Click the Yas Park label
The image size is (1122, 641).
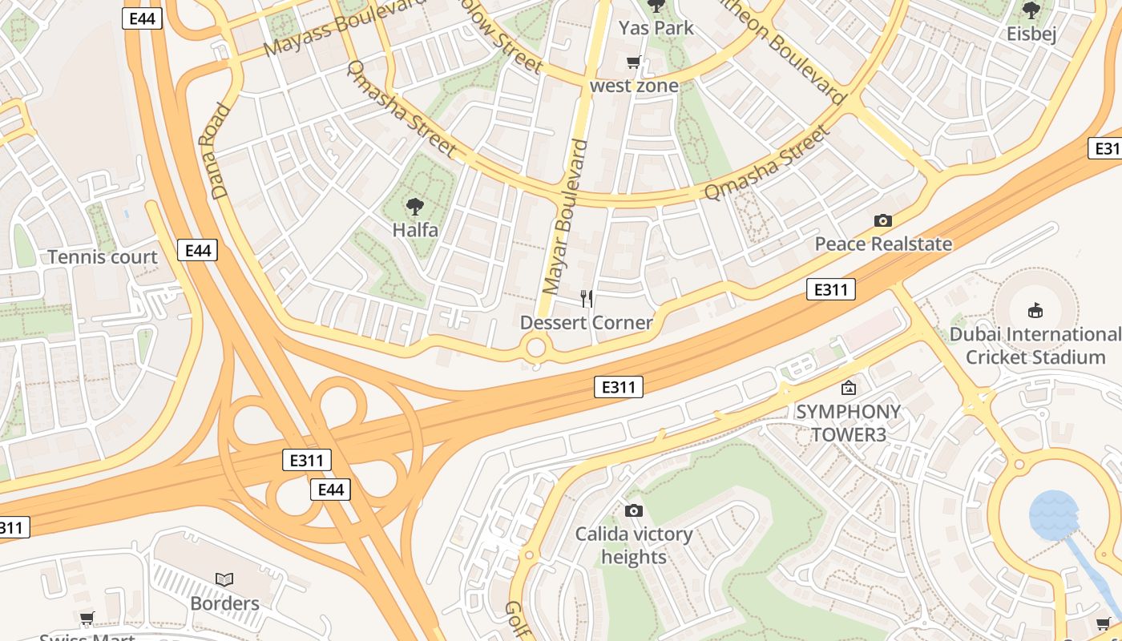click(x=656, y=28)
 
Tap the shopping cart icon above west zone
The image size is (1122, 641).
click(x=634, y=62)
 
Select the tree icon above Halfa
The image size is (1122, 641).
click(x=414, y=207)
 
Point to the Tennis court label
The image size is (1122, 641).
click(x=103, y=257)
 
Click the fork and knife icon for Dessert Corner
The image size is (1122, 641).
click(x=587, y=299)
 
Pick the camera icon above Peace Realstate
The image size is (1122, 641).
click(x=883, y=220)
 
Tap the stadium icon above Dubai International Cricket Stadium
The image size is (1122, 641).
click(x=1035, y=310)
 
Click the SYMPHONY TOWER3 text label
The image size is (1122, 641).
click(x=848, y=423)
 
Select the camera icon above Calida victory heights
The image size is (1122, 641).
click(x=633, y=510)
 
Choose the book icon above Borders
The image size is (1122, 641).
click(x=224, y=579)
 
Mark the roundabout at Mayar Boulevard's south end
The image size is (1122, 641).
click(x=535, y=349)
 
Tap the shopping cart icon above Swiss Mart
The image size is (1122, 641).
click(x=87, y=618)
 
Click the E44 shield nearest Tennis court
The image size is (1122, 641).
click(x=197, y=251)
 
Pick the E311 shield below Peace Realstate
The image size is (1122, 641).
click(x=830, y=289)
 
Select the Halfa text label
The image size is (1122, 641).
click(x=415, y=230)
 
